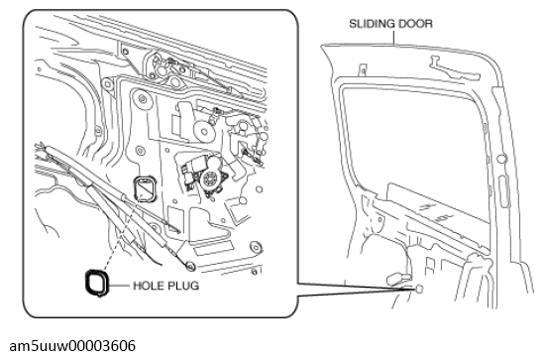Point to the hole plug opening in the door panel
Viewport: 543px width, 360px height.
(135, 187)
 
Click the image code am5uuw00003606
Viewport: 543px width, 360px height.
(72, 346)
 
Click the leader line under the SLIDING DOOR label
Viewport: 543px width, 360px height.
(394, 38)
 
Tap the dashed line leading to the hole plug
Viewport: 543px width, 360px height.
(120, 235)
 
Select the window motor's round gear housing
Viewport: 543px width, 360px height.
(210, 180)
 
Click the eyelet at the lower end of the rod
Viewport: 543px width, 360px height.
(190, 266)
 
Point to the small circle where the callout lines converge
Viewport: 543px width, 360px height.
(419, 289)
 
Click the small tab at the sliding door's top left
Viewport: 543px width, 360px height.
(363, 69)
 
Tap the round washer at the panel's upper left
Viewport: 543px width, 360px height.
(108, 84)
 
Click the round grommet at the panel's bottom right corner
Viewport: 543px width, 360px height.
(256, 247)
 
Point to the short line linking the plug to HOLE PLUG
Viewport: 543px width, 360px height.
(119, 286)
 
